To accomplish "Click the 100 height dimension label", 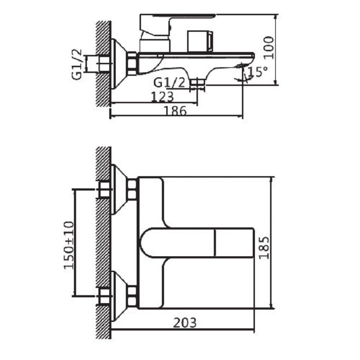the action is click(x=269, y=48).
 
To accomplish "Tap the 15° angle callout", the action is click(x=257, y=72).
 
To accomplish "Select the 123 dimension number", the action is click(x=162, y=97).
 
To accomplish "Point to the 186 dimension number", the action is click(x=175, y=111).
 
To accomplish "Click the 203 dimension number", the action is click(x=185, y=323).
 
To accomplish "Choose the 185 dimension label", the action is click(x=264, y=248).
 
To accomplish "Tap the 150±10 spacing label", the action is click(x=69, y=245).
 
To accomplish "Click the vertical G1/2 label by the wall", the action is click(x=76, y=64).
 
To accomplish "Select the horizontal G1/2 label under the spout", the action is click(x=169, y=82).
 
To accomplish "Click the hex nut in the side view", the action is click(x=132, y=63).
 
